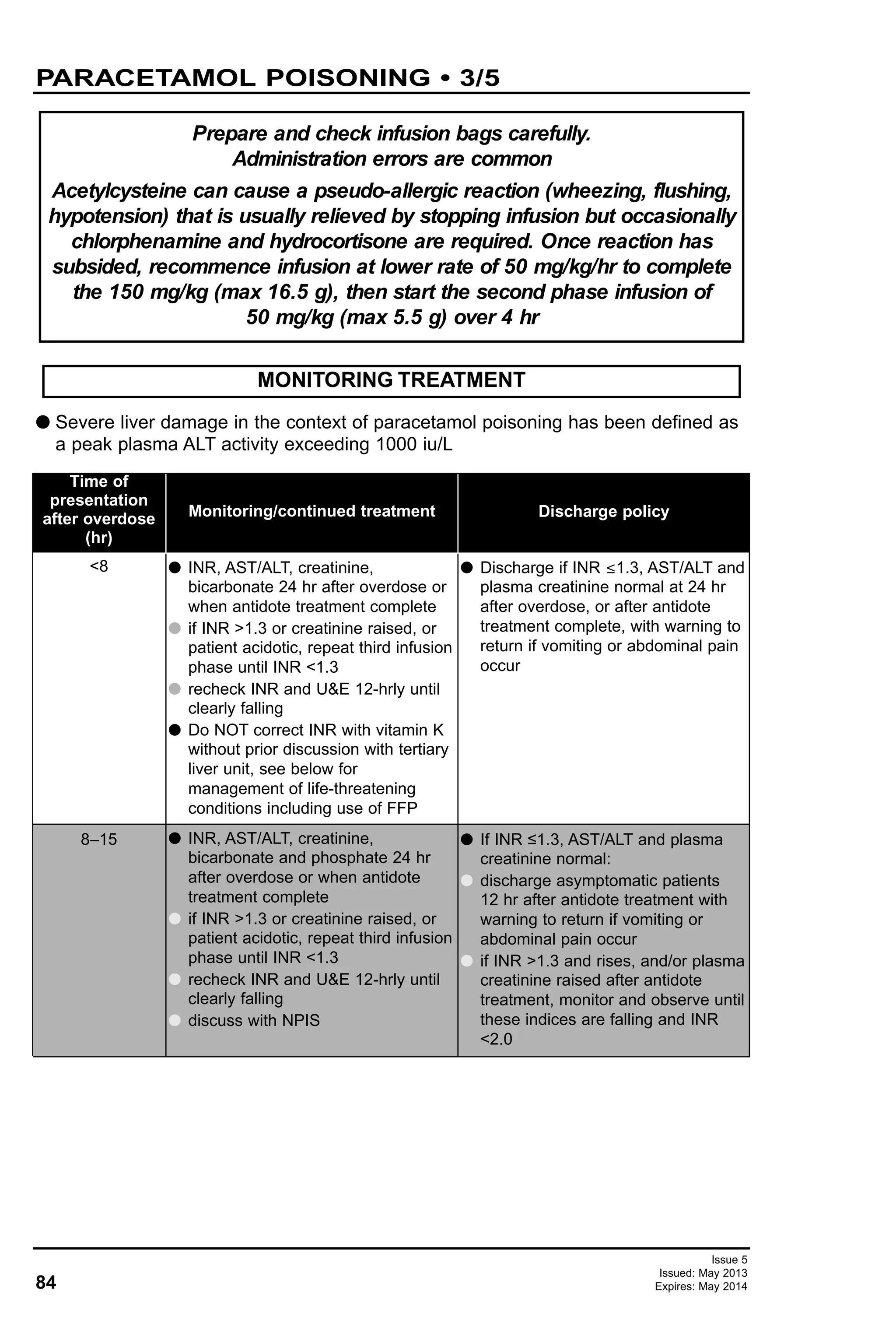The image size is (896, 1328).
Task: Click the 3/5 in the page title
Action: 479,78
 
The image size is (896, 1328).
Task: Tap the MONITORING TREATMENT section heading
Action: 391,380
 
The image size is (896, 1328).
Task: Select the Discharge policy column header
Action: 603,511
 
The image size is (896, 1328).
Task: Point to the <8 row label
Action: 99,566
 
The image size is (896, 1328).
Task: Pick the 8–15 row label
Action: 99,839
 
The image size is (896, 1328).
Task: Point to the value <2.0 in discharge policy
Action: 496,1039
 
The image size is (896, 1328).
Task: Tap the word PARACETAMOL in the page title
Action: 146,78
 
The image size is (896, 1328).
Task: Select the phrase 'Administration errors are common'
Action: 392,159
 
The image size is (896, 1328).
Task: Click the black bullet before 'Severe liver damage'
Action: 43,422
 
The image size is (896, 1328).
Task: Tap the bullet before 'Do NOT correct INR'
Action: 175,730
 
